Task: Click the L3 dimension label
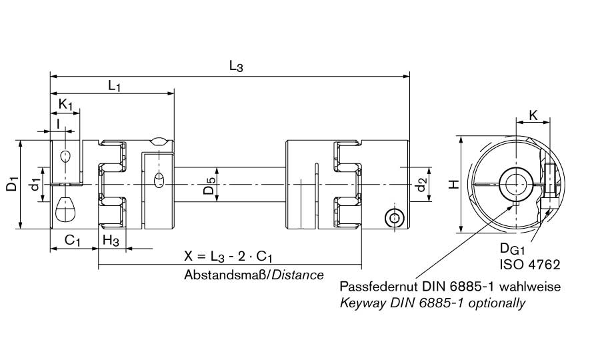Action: pyautogui.click(x=236, y=65)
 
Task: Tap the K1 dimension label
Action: pyautogui.click(x=65, y=104)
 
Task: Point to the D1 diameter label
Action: pyautogui.click(x=12, y=184)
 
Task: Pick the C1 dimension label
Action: pyautogui.click(x=73, y=241)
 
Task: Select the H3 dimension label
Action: pyautogui.click(x=111, y=241)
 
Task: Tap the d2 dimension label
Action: pyautogui.click(x=421, y=184)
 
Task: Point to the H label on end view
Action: pyautogui.click(x=453, y=184)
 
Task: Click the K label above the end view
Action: pyautogui.click(x=533, y=115)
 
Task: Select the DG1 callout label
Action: pyautogui.click(x=513, y=249)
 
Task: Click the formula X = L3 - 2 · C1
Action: pyautogui.click(x=231, y=257)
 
